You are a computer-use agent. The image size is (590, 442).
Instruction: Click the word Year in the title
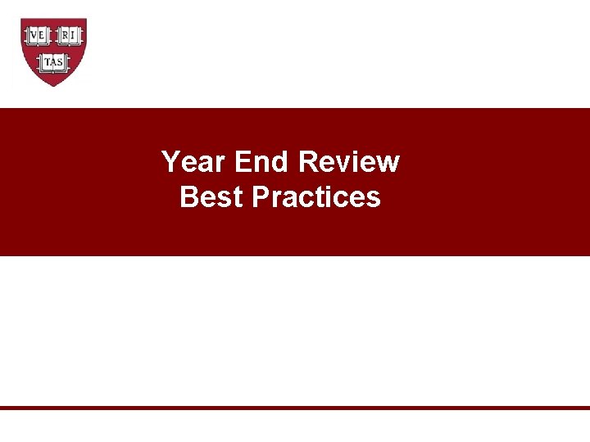194,162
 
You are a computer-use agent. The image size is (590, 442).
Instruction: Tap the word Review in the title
349,162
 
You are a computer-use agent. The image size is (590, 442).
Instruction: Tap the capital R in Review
308,162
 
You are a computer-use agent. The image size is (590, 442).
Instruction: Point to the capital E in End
243,162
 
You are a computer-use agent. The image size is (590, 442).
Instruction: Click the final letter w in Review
388,163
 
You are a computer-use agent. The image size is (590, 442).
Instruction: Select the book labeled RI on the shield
69,35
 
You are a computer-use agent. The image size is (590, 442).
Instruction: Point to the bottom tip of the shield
53,86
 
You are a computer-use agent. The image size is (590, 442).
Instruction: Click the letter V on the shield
34,35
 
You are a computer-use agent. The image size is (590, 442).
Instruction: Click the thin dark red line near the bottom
295,407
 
